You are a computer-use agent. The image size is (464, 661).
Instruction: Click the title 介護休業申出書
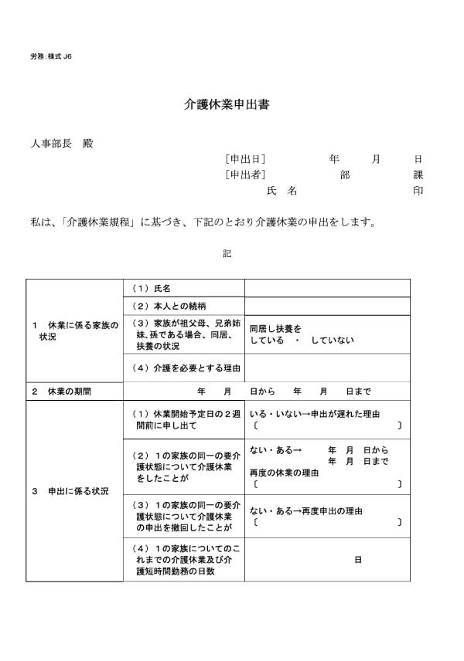227,104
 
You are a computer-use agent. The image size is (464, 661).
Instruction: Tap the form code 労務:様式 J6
51,57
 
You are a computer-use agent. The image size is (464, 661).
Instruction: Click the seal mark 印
418,191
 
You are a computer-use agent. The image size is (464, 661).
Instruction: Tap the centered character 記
227,253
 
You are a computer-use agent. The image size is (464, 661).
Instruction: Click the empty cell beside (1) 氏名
326,288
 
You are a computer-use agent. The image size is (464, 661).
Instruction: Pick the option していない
333,341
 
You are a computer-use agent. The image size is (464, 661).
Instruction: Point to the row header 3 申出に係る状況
70,491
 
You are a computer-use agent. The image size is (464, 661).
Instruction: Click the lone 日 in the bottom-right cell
358,559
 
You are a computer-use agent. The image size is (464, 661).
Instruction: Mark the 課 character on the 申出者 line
418,175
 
